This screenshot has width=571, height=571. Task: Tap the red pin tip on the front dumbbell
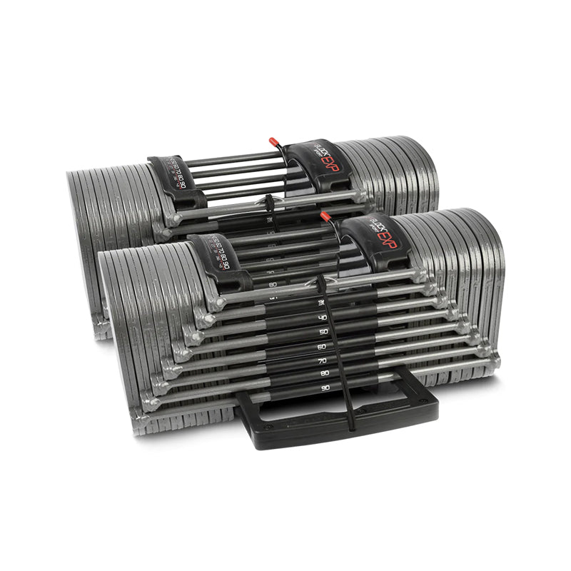pyautogui.click(x=325, y=216)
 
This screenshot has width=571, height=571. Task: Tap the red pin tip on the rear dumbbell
pyautogui.click(x=273, y=142)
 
